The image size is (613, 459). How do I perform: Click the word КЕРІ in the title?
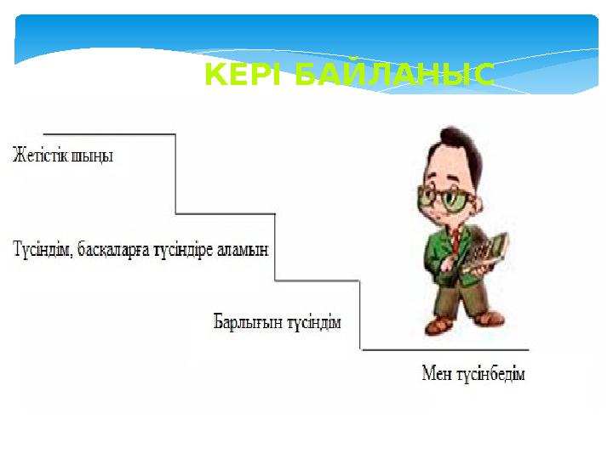coord(246,76)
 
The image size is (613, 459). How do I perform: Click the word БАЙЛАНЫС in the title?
coord(393,76)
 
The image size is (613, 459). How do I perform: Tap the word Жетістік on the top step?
coord(43,156)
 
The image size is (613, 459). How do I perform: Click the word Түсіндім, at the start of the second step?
coord(42,250)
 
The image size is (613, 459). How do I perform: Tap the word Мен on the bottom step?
coord(438,374)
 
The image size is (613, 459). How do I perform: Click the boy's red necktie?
coord(455,242)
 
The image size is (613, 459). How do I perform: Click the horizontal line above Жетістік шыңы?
coord(109,134)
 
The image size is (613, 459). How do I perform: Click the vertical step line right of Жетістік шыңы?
coord(176,174)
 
